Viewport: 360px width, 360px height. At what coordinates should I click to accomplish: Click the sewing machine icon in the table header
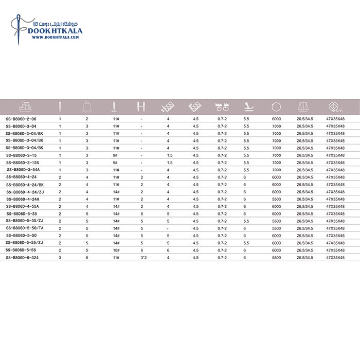(x=25, y=107)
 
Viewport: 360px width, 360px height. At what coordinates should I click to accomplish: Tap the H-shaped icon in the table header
(x=141, y=107)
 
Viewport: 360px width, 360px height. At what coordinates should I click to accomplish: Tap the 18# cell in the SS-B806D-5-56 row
(x=116, y=250)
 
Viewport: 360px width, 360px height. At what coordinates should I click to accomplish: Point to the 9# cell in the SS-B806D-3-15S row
(x=115, y=162)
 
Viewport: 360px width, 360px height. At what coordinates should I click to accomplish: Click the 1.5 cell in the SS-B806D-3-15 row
(x=169, y=155)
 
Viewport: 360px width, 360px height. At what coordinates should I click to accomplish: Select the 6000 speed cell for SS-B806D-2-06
(x=277, y=119)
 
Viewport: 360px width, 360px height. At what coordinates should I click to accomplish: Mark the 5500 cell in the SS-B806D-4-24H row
(x=277, y=199)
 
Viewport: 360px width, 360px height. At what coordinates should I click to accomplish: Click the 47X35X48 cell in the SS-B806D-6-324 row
(x=335, y=257)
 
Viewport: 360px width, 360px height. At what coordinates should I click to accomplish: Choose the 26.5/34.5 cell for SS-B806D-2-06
(x=305, y=119)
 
